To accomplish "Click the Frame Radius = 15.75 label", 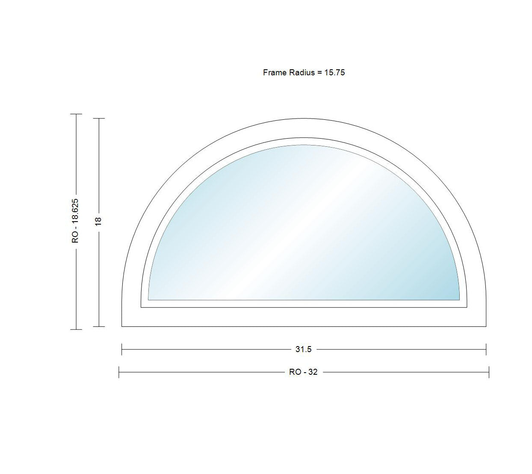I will [x=304, y=73].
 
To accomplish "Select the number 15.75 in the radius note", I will [x=334, y=73].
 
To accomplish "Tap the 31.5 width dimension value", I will [x=304, y=350].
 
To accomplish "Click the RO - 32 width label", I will [x=304, y=372].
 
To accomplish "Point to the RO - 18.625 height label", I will [x=76, y=221].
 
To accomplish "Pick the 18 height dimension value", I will [x=99, y=221].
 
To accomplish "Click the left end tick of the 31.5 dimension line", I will [x=122, y=350].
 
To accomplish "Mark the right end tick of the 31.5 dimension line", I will [x=486, y=350].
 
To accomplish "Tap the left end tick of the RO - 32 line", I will [x=119, y=372].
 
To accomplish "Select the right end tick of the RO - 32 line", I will [x=489, y=372].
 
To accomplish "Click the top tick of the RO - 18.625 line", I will [x=76, y=114].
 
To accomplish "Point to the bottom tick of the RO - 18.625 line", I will [x=76, y=329].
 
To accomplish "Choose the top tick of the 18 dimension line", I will [x=99, y=118].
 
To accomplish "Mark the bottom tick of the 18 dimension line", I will [x=99, y=326].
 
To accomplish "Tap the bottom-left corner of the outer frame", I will [x=122, y=326].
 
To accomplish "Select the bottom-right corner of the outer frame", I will [x=486, y=326].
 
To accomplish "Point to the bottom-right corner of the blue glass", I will [x=459, y=300].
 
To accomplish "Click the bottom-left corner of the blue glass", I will [x=148, y=300].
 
